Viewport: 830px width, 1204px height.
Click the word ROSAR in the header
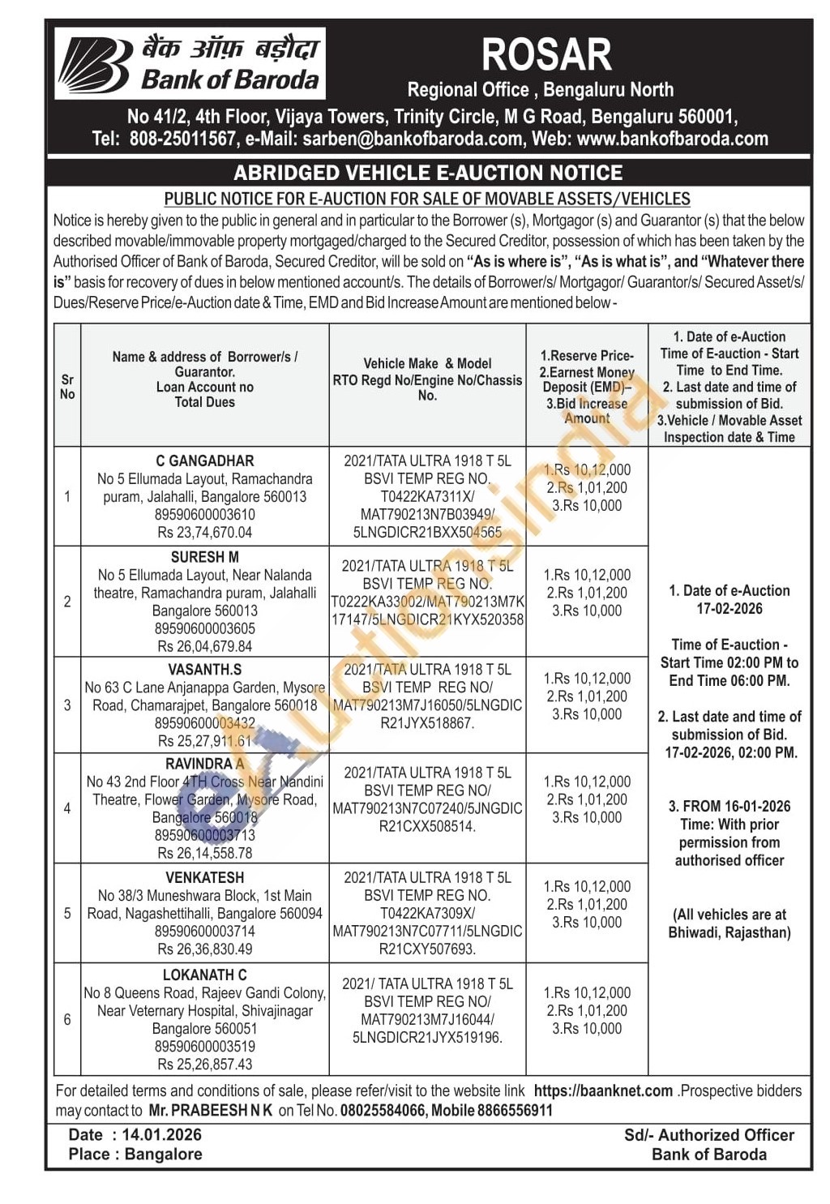coord(546,55)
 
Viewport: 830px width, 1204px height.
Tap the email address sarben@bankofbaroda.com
coord(413,139)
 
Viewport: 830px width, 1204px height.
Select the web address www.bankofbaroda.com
coord(672,139)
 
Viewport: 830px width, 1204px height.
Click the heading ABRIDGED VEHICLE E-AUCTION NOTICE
coord(428,173)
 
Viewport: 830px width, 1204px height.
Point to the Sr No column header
coord(67,387)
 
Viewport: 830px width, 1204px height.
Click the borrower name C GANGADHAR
coord(205,461)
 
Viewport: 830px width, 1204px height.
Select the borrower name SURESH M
coord(205,557)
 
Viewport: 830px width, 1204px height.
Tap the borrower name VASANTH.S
coord(205,670)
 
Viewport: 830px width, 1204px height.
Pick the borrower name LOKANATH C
coord(205,975)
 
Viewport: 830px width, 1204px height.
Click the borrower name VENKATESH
coord(205,877)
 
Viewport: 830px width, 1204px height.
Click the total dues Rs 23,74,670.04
coord(205,533)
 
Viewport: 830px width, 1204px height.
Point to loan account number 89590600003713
coord(205,835)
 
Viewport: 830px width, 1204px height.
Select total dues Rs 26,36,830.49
coord(205,949)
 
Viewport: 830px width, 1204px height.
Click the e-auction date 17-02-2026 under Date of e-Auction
coord(729,609)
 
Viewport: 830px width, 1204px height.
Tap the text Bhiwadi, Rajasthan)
coord(729,932)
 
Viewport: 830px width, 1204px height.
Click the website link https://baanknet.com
coord(603,1091)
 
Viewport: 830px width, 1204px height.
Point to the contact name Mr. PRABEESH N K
coord(211,1111)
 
